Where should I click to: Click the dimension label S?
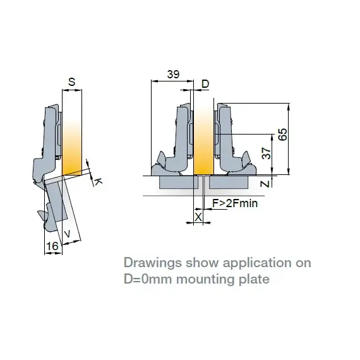[x=71, y=81]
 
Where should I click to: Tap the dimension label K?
[x=98, y=181]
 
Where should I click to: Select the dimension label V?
[x=68, y=232]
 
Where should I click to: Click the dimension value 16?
[x=52, y=245]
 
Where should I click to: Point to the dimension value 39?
[x=172, y=75]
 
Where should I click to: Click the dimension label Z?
[x=267, y=184]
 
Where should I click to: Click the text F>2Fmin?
[x=234, y=203]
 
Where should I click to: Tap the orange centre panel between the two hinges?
[x=203, y=139]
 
